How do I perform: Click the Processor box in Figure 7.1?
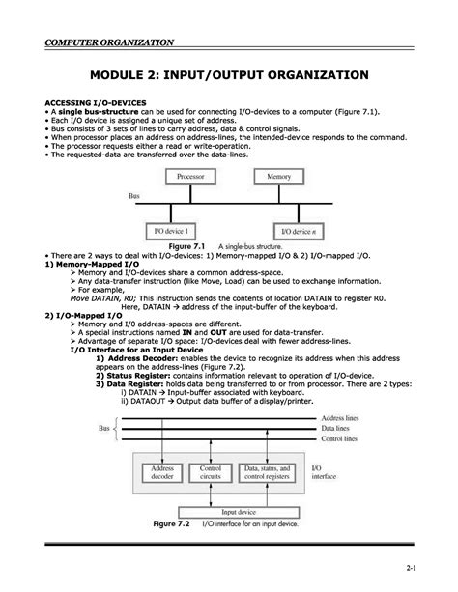[x=194, y=178]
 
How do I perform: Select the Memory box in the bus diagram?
[x=278, y=178]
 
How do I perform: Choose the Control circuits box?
[x=211, y=472]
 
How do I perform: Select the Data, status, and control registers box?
[x=268, y=472]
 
